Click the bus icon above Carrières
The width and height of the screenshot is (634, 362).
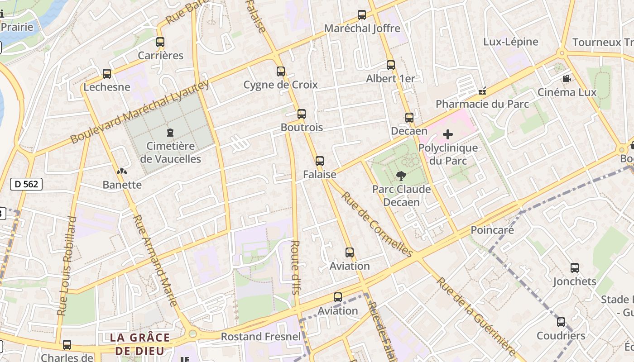pos(160,42)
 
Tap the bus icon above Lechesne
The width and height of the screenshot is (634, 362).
pos(107,73)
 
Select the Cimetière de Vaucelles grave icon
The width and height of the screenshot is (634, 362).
pos(170,133)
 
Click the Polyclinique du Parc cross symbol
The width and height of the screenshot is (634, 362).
pos(448,134)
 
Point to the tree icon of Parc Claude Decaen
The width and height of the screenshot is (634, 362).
pos(401,176)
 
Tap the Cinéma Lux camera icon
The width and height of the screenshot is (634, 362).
pos(567,79)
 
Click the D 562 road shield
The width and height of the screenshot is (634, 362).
pos(26,184)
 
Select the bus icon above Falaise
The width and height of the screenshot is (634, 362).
pos(320,161)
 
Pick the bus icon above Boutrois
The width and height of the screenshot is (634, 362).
pos(302,114)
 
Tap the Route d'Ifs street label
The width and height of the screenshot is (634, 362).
pos(295,267)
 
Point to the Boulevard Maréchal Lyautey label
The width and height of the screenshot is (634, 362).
pos(140,112)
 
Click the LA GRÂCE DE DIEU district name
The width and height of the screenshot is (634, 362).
pos(140,344)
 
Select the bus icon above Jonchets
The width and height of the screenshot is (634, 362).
pos(575,268)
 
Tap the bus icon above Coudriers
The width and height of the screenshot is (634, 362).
pos(561,322)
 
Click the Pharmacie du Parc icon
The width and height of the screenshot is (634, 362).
pos(482,91)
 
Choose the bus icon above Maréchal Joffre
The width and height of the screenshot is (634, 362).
pos(362,15)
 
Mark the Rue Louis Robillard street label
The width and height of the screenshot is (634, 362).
pos(67,266)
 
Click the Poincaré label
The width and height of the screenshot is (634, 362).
pos(492,230)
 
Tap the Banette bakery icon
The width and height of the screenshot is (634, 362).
pos(122,171)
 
